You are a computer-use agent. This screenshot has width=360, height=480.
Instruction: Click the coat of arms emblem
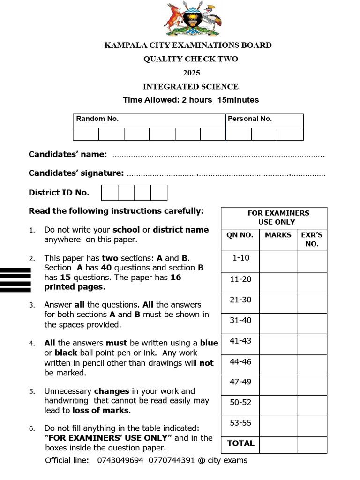[192, 20]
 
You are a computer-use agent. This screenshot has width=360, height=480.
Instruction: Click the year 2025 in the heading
[191, 73]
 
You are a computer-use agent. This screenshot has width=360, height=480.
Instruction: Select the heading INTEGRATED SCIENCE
[191, 86]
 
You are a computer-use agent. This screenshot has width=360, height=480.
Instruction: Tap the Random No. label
[97, 119]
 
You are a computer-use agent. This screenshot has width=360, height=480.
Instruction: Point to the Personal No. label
[250, 119]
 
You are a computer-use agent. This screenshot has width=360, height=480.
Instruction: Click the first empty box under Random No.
[86, 134]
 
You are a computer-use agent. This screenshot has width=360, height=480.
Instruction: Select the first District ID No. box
[110, 193]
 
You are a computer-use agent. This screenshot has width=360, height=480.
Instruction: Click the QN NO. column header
[240, 235]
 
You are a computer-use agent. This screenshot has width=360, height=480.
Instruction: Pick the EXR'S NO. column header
[312, 239]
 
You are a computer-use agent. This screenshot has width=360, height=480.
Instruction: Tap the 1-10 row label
[240, 258]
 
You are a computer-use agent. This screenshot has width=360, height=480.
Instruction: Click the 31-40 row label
[240, 320]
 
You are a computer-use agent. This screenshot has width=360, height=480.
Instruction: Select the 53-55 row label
[240, 423]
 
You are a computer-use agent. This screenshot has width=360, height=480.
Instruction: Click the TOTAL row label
[240, 443]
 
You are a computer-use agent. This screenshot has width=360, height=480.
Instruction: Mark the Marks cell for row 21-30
[278, 303]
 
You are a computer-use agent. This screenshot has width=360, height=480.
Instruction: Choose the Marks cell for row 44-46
[278, 365]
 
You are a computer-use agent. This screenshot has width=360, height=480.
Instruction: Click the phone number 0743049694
[120, 460]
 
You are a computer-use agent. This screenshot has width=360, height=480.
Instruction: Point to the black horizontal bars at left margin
[15, 280]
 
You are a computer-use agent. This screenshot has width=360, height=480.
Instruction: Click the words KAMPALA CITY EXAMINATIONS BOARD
[188, 45]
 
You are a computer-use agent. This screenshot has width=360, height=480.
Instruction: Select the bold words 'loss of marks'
[101, 411]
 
